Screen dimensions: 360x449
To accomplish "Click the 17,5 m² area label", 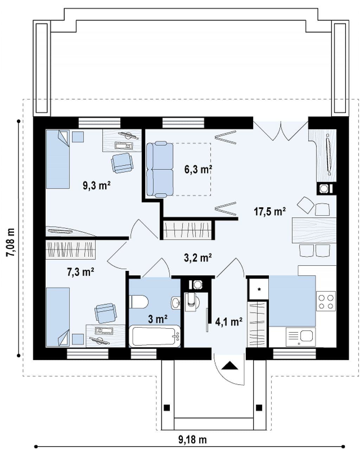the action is tap(270, 212).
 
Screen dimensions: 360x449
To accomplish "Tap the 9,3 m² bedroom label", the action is tap(96, 185).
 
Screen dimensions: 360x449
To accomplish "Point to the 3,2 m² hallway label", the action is tap(198, 258).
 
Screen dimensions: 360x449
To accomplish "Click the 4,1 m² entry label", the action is tap(229, 322).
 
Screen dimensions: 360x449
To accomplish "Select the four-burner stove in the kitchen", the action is tap(326, 302).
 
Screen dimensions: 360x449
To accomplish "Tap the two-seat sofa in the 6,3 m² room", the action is tap(160, 169).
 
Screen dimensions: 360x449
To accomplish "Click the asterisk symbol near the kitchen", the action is tap(259, 289).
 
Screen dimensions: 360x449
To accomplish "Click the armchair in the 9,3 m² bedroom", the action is tap(122, 163).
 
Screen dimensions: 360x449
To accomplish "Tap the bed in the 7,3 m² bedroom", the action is tap(58, 317).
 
